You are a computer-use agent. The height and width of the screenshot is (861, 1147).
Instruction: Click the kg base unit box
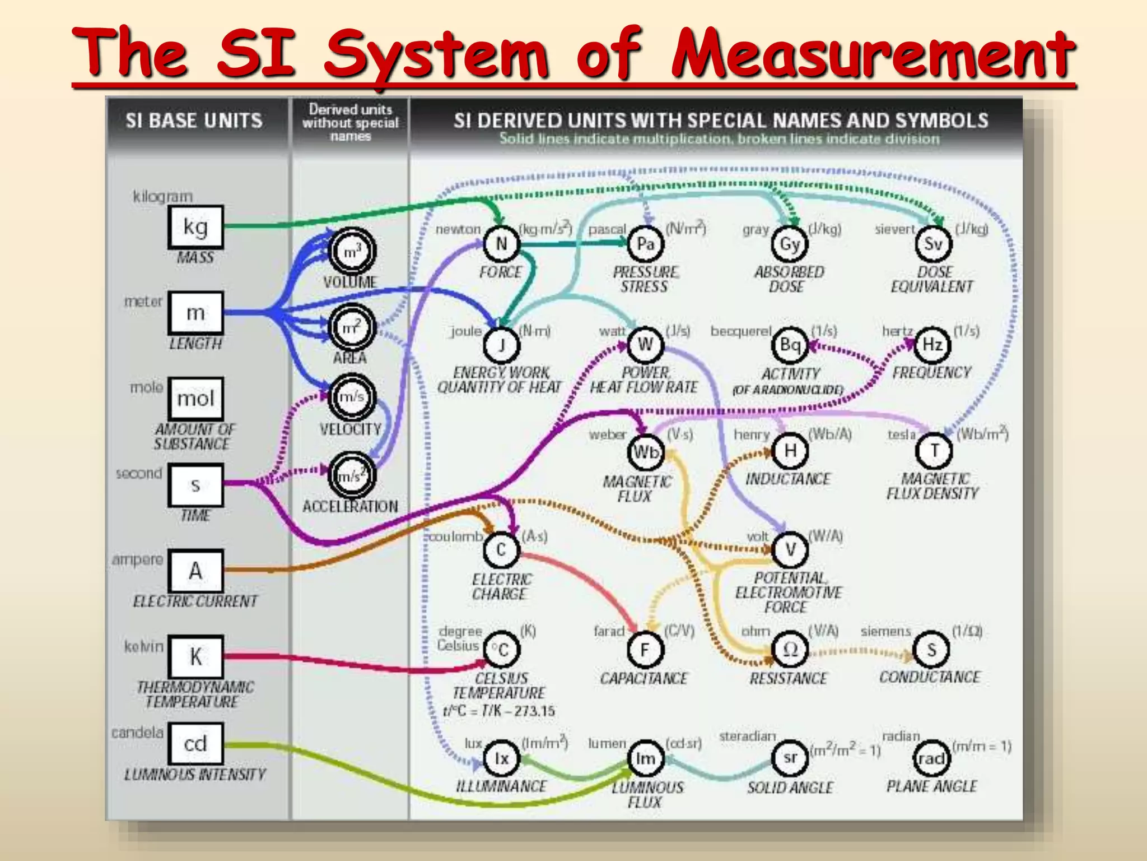[195, 227]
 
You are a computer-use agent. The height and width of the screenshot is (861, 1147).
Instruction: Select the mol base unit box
[195, 399]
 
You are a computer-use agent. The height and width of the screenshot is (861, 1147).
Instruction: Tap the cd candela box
[195, 743]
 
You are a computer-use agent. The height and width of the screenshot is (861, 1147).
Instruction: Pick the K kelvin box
[195, 656]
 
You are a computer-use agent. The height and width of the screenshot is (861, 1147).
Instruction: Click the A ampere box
[195, 571]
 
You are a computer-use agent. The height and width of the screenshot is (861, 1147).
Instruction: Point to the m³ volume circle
[352, 252]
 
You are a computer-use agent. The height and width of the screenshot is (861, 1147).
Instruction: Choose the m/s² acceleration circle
[352, 476]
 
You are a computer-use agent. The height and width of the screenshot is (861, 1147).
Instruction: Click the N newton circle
[501, 244]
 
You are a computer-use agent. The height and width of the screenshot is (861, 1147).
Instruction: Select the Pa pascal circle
[645, 244]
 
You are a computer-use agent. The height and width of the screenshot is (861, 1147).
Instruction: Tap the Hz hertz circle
[932, 344]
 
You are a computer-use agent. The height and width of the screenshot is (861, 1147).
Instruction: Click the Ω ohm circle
[790, 649]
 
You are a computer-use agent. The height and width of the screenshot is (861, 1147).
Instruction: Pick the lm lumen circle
[645, 758]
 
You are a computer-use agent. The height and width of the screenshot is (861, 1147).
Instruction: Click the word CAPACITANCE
[644, 678]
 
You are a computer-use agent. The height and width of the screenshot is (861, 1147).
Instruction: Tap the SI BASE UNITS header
[194, 121]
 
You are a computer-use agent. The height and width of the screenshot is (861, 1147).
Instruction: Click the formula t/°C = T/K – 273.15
[498, 711]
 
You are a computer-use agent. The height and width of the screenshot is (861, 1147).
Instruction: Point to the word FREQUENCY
[932, 373]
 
